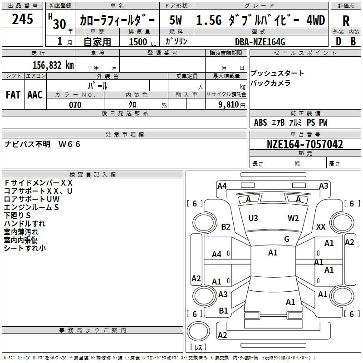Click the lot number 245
click(x=22, y=19)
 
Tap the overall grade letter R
click(x=346, y=21)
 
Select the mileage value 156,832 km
click(x=53, y=65)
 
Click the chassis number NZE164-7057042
click(x=305, y=144)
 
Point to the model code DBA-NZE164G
click(x=260, y=42)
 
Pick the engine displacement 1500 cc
click(x=142, y=42)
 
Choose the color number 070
click(x=75, y=105)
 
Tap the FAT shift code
click(x=13, y=95)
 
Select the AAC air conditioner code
click(x=35, y=95)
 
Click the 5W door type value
click(x=176, y=20)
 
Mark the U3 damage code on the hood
click(x=253, y=218)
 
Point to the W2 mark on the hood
click(x=293, y=218)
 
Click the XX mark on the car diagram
click(x=321, y=226)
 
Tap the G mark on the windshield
click(x=287, y=239)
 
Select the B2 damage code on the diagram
click(x=226, y=226)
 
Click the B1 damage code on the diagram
click(x=223, y=311)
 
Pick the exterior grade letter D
click(x=338, y=41)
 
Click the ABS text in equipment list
click(x=260, y=123)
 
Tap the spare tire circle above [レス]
click(x=198, y=331)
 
